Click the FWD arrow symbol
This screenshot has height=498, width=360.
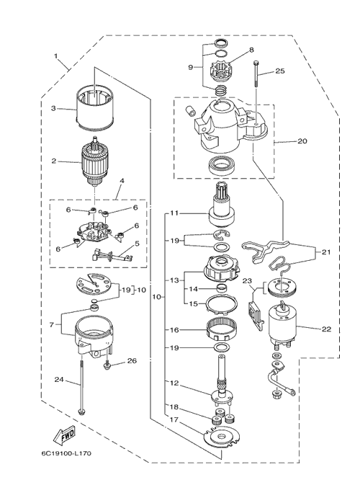click(x=64, y=435)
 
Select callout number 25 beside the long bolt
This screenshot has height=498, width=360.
click(x=280, y=71)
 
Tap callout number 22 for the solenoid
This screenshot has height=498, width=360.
click(x=326, y=329)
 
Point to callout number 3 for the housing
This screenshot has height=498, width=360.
click(x=53, y=108)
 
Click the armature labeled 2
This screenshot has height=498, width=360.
click(x=94, y=163)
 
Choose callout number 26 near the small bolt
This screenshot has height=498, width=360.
click(x=132, y=361)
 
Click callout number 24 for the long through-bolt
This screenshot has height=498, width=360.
click(x=59, y=379)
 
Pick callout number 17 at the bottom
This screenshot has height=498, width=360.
click(x=174, y=419)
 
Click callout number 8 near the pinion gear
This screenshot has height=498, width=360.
click(x=251, y=50)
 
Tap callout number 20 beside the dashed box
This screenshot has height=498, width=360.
click(x=302, y=141)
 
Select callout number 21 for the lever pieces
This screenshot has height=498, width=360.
click(x=325, y=252)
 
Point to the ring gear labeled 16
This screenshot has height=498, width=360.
click(x=221, y=329)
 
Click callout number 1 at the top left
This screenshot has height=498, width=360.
click(x=56, y=56)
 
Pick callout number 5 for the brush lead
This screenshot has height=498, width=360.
click(x=137, y=244)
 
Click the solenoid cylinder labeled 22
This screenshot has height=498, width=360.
click(x=283, y=324)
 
